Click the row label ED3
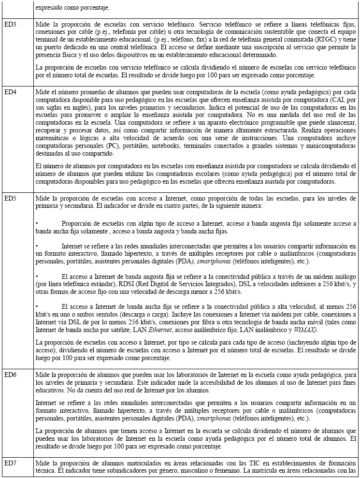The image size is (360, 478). (x=10, y=24)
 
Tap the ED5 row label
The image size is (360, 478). (x=10, y=199)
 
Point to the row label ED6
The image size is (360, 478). (x=10, y=376)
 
